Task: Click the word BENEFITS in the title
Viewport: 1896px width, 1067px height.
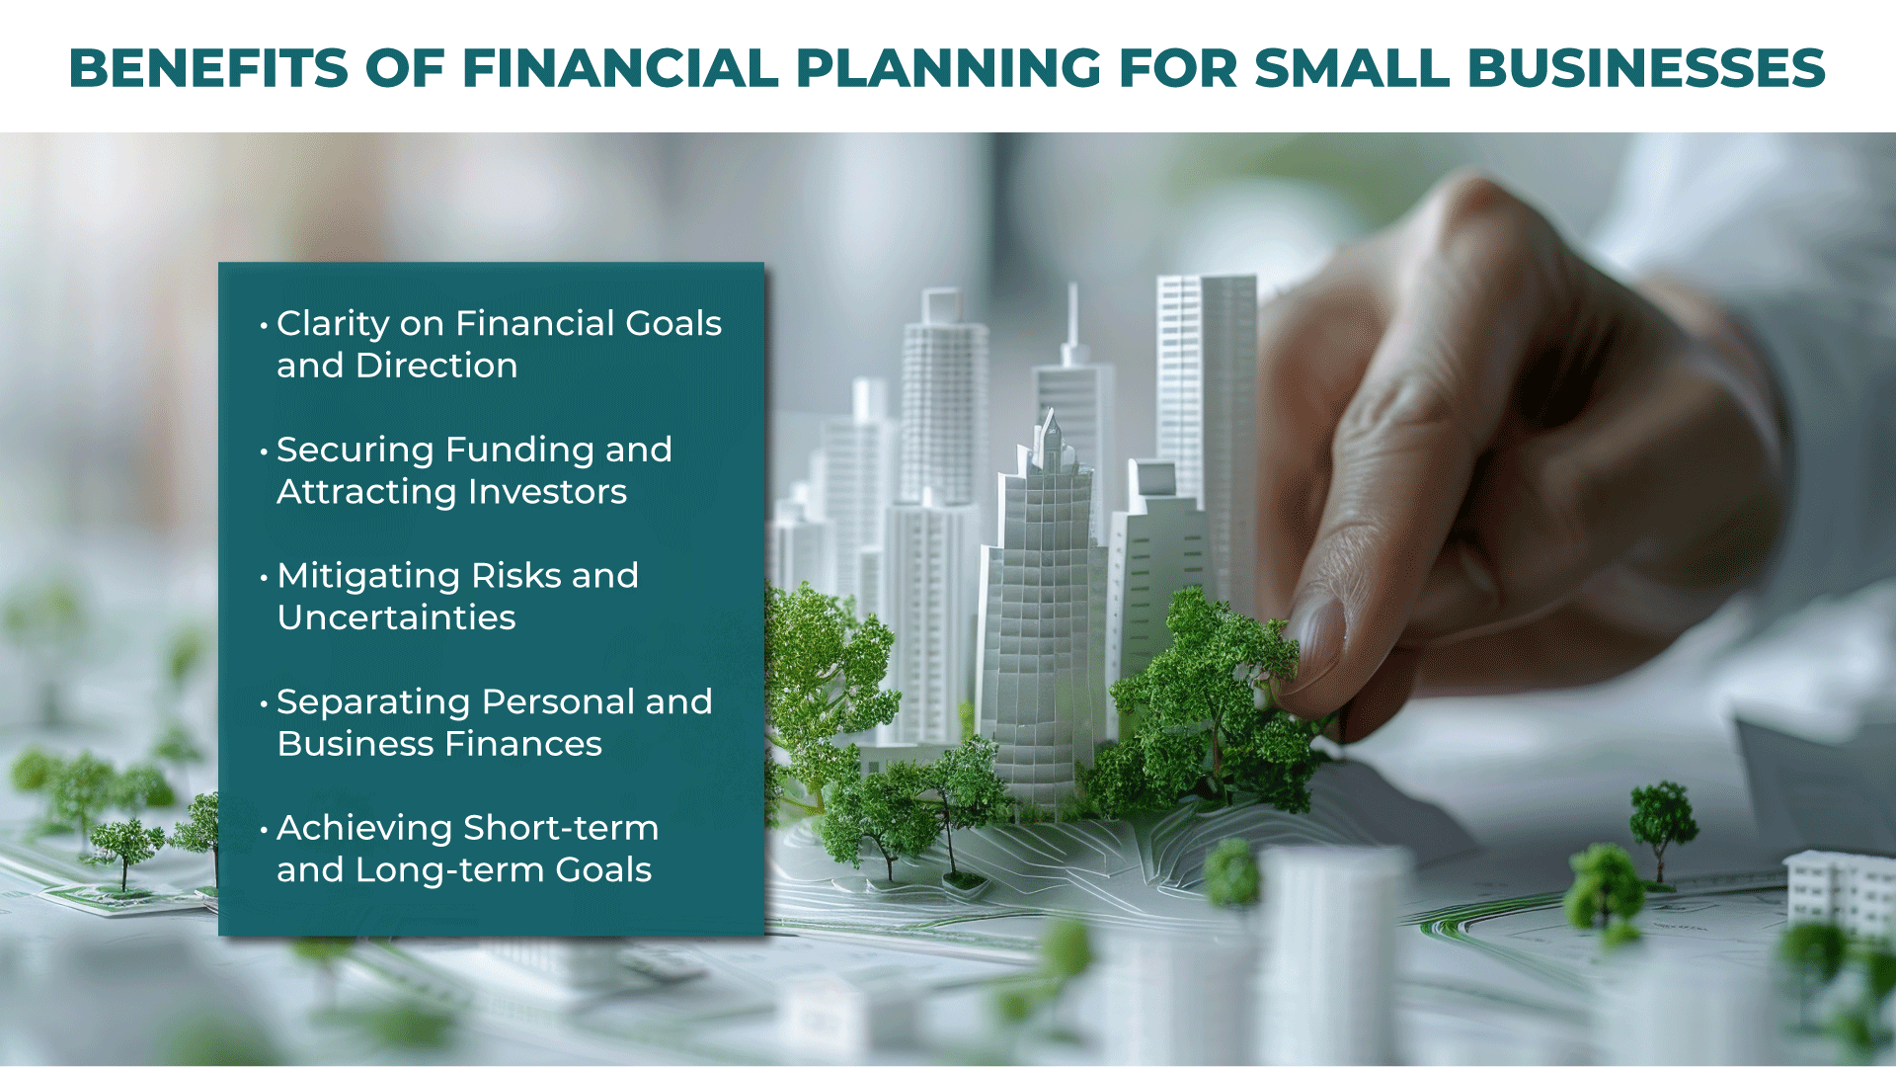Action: coord(208,68)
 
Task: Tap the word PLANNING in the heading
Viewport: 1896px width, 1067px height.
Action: coord(948,68)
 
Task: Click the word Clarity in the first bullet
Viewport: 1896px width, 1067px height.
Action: coord(333,325)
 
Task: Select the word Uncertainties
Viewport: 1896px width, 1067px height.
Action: coord(396,617)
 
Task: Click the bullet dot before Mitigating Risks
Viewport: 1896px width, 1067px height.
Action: coord(264,577)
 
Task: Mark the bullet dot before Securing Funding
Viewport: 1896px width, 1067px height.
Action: coord(264,451)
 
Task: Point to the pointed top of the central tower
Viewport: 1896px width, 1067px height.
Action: coord(1051,413)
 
